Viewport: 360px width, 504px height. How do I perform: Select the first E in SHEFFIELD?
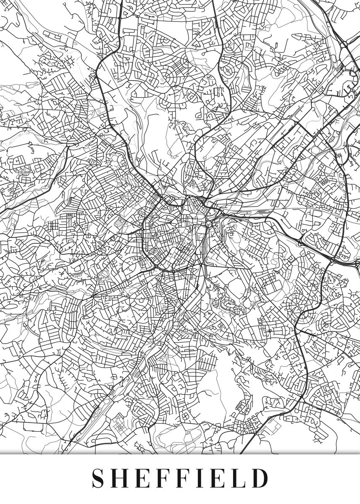(x=144, y=478)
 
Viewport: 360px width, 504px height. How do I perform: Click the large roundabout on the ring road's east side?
(x=209, y=224)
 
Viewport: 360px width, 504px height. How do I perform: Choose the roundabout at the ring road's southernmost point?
(x=173, y=270)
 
